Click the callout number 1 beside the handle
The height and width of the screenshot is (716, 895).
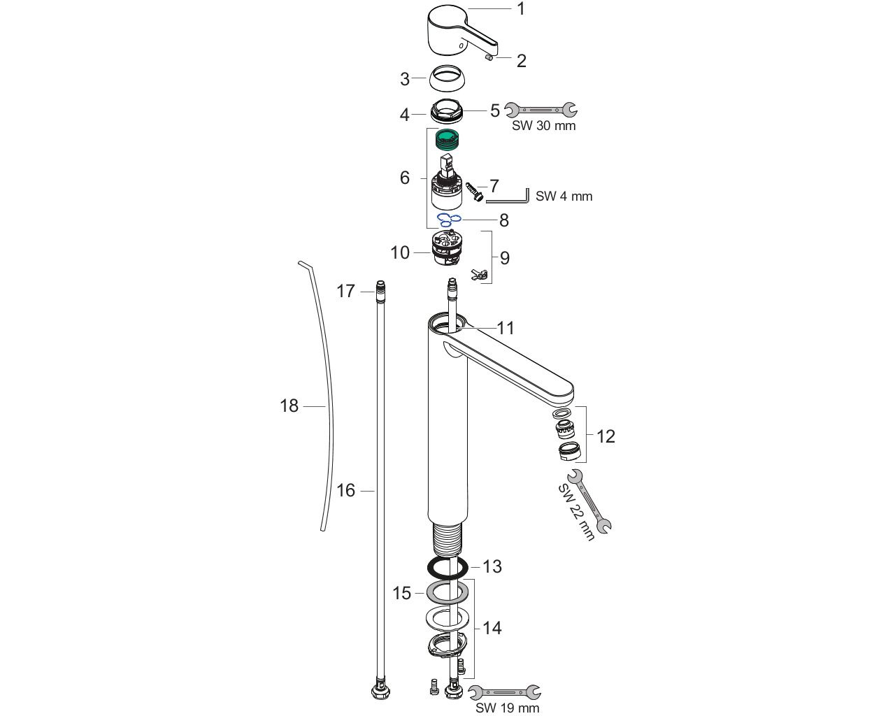pyautogui.click(x=521, y=9)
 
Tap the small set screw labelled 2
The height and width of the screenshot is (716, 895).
pyautogui.click(x=490, y=59)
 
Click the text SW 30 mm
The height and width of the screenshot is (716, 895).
pyautogui.click(x=543, y=126)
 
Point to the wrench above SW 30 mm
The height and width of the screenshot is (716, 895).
pyautogui.click(x=541, y=110)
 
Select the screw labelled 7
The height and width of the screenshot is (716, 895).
pyautogui.click(x=475, y=190)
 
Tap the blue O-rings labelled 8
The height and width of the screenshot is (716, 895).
pyautogui.click(x=449, y=220)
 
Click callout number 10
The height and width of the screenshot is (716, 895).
pyautogui.click(x=400, y=252)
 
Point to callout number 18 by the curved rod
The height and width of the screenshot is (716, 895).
pyautogui.click(x=289, y=406)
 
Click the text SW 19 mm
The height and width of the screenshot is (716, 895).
pyautogui.click(x=507, y=708)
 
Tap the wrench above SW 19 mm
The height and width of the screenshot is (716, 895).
pyautogui.click(x=504, y=693)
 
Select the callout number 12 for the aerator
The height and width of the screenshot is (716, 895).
pyautogui.click(x=606, y=436)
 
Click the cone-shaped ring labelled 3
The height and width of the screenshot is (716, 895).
pyautogui.click(x=449, y=78)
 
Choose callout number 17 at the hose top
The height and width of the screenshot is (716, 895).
pyautogui.click(x=346, y=291)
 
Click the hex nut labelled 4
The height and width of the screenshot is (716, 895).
pyautogui.click(x=447, y=111)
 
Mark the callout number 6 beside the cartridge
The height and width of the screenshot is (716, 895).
pyautogui.click(x=405, y=178)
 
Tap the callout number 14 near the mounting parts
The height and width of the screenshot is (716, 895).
pyautogui.click(x=492, y=628)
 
